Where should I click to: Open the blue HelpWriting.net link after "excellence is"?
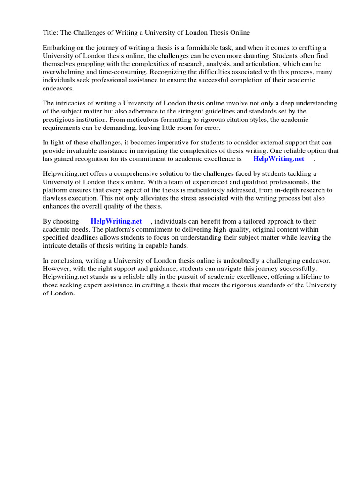click(x=278, y=158)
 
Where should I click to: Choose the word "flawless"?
click(x=56, y=198)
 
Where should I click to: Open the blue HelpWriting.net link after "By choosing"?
click(x=116, y=221)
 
